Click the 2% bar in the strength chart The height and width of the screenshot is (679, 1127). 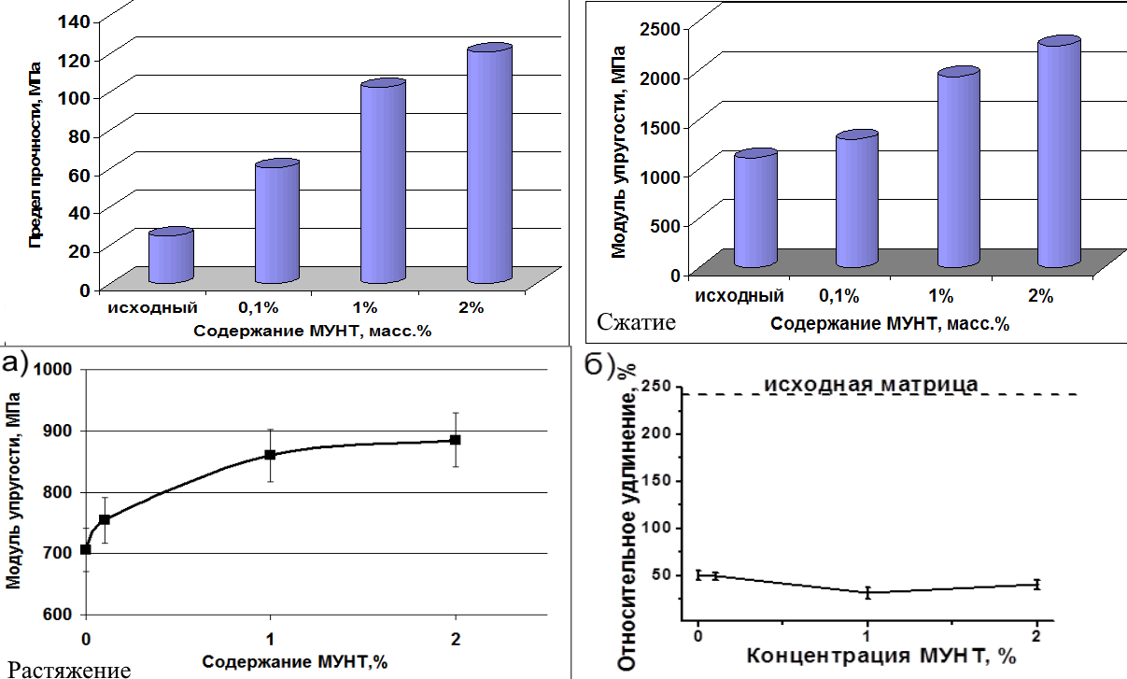[490, 163]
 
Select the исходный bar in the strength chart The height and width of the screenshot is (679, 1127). [171, 256]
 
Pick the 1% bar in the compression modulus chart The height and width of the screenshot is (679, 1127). [958, 168]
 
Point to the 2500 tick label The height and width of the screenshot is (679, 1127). [657, 28]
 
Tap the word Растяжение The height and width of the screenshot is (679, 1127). [66, 669]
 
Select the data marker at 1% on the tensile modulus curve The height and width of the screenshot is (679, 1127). [270, 455]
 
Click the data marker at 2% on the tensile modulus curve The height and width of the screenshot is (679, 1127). [456, 440]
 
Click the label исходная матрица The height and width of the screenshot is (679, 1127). [871, 384]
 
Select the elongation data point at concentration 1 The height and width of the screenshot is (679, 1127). [867, 592]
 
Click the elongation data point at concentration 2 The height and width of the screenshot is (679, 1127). [1036, 585]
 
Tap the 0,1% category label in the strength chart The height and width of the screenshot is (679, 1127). [259, 306]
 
